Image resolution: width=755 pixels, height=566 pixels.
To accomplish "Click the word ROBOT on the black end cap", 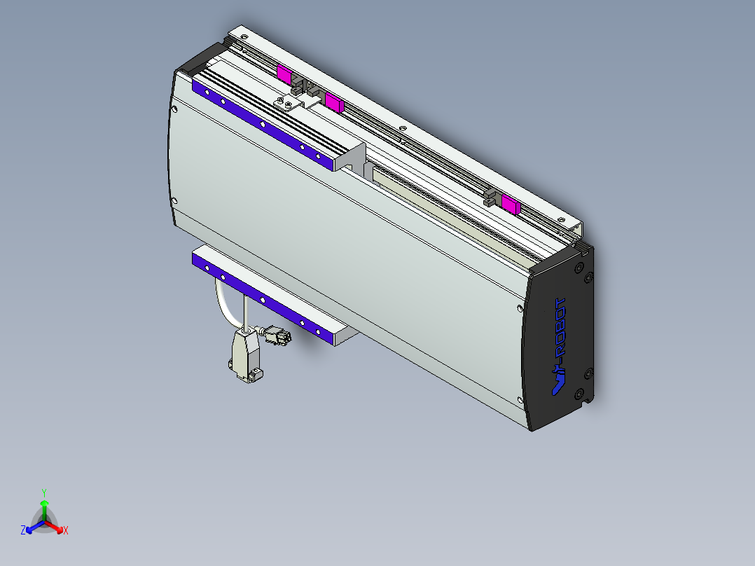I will pos(562,332).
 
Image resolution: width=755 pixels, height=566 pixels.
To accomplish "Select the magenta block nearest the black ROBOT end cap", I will pos(511,204).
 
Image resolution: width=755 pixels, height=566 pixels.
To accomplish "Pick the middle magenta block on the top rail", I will pos(333,103).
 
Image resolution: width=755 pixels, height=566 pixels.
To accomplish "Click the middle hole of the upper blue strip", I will pos(263,125).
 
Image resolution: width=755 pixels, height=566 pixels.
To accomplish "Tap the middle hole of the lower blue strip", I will pos(263,299).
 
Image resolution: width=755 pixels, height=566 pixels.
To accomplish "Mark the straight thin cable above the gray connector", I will pos(245,312).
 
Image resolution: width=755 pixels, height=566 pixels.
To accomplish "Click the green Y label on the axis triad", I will pos(44,492).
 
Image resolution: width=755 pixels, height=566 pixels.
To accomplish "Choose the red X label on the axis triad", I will pos(66,531).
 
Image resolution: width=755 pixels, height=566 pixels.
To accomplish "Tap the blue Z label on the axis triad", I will pos(23,531).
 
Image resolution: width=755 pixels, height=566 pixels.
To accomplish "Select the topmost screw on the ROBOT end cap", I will pos(579,268).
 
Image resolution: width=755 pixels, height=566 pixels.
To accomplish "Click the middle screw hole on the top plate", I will pos(402,128).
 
